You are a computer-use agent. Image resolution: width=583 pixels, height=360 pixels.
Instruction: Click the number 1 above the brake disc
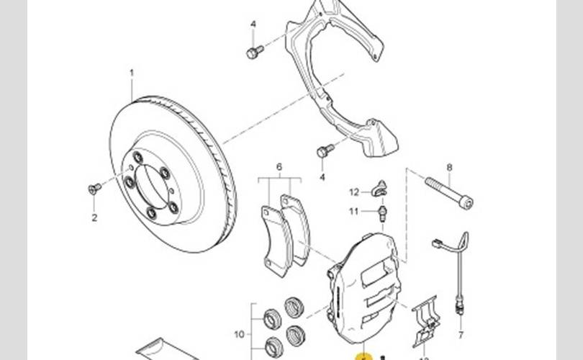point(132,73)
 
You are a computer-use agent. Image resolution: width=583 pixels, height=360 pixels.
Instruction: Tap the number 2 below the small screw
point(94,217)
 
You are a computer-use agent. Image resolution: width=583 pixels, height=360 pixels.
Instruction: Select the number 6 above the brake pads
point(279,168)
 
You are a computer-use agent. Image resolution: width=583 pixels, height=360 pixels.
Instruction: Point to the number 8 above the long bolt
point(449,168)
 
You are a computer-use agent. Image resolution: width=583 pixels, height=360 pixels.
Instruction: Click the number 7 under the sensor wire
point(461,335)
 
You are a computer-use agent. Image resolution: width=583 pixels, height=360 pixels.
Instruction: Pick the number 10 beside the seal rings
point(240,333)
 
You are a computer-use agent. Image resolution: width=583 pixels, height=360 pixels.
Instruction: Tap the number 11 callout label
point(354,211)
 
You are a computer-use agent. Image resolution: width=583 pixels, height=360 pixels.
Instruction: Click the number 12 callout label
point(354,192)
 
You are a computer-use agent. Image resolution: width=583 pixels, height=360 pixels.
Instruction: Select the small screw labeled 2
point(94,189)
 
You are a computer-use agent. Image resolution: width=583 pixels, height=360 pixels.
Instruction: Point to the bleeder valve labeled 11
point(384,212)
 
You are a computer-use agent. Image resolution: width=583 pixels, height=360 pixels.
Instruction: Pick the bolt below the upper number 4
point(253,52)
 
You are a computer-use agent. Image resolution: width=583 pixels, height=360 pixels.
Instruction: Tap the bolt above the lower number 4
point(324,151)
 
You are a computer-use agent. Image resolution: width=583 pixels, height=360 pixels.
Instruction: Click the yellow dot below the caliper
point(363,356)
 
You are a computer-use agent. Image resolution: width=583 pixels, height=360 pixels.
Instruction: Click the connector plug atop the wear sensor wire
point(436,244)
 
